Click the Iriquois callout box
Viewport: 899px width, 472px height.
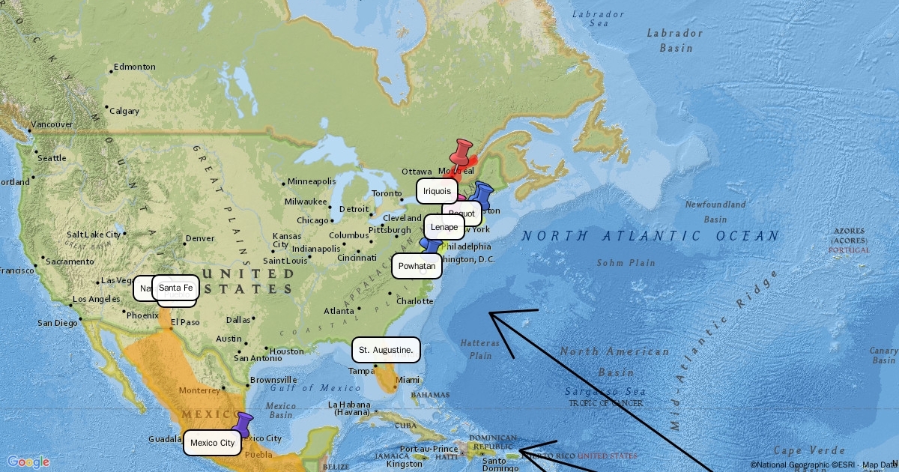tap(437, 191)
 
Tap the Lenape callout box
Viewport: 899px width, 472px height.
tap(444, 227)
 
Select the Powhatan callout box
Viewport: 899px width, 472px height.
tap(417, 266)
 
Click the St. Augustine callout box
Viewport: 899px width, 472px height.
tap(386, 350)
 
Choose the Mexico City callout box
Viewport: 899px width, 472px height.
tap(212, 443)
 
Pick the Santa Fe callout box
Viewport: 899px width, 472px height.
tap(176, 288)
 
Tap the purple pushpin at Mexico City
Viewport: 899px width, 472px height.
tap(242, 425)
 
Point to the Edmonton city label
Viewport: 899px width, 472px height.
tap(135, 67)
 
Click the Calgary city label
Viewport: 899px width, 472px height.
tap(124, 111)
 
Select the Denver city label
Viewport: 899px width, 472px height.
tap(200, 238)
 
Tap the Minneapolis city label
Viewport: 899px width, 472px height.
tap(312, 181)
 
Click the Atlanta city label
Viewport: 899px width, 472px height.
tap(339, 311)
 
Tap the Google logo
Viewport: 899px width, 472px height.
tap(28, 462)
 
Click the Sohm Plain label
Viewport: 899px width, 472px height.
tap(626, 263)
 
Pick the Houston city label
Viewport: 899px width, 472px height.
tap(287, 351)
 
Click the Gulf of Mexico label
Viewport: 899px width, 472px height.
tap(306, 388)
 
